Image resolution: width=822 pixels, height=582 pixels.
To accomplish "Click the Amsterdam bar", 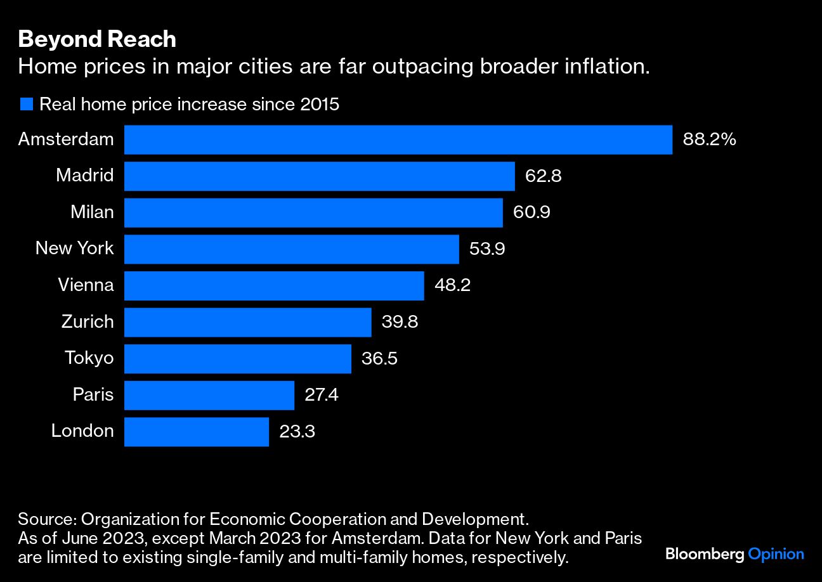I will click(x=398, y=139).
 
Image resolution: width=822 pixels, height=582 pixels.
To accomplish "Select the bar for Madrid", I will click(x=319, y=176).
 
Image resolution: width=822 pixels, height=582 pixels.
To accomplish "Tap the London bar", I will click(x=196, y=432).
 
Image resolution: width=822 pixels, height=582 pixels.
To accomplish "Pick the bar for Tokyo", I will click(x=237, y=359).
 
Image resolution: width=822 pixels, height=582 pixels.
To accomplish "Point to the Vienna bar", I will click(x=273, y=285).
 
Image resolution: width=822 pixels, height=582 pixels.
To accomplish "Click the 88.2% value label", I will click(x=709, y=139).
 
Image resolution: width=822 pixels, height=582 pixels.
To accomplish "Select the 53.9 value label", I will click(x=487, y=249).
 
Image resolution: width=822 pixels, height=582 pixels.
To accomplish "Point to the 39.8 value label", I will click(x=400, y=322).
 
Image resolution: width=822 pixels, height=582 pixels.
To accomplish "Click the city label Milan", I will click(x=92, y=212).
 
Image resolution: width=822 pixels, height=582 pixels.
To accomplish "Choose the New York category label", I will click(x=74, y=248).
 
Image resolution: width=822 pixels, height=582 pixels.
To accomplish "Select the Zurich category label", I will click(x=88, y=321).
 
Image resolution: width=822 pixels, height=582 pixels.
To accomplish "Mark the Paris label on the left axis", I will click(x=93, y=395).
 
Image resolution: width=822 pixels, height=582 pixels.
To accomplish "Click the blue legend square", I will click(x=26, y=104).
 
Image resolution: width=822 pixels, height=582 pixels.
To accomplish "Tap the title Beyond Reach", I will click(x=97, y=39).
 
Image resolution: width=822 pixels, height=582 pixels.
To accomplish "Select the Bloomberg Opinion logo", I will click(x=734, y=554).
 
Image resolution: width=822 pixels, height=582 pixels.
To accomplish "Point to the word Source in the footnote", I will click(x=46, y=520).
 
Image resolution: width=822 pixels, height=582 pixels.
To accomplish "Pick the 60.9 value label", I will click(x=532, y=212).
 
